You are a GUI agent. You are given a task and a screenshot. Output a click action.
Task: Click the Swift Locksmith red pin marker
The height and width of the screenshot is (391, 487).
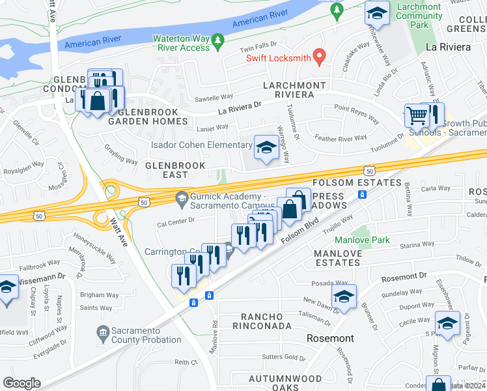pyautogui.click(x=319, y=57)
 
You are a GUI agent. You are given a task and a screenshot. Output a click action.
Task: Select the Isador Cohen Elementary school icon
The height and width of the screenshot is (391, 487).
pyautogui.click(x=266, y=147)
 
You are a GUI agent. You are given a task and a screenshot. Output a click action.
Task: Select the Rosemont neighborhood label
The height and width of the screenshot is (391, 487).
pyautogui.click(x=331, y=338)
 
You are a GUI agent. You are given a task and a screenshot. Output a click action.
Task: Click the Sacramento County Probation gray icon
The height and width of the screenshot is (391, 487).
pyautogui.click(x=103, y=334)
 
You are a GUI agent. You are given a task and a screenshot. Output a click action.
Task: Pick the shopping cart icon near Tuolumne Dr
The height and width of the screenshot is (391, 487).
pyautogui.click(x=417, y=117)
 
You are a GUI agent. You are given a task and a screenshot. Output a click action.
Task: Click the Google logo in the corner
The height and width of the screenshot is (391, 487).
pyautogui.click(x=21, y=383)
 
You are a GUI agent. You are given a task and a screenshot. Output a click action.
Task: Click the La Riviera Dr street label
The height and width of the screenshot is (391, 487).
pyautogui.click(x=239, y=106)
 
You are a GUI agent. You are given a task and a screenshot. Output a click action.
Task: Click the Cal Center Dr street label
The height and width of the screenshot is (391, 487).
pyautogui.click(x=176, y=220)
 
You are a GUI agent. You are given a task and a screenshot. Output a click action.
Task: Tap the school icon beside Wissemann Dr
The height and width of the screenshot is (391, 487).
pyautogui.click(x=7, y=287)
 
